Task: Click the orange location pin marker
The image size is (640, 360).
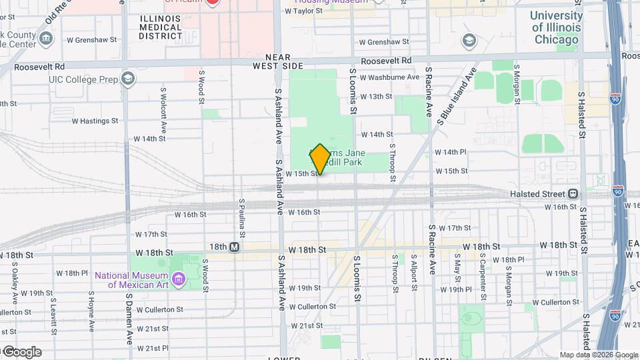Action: pos(320,159)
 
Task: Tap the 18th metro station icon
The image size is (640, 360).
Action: pos(234,247)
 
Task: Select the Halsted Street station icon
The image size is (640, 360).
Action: pos(572,194)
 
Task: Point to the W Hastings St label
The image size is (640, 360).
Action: pos(95,121)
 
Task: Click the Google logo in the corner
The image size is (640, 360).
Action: pos(21,351)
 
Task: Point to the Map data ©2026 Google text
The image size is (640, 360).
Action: pos(599,355)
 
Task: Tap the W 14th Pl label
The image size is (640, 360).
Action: pos(451,152)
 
